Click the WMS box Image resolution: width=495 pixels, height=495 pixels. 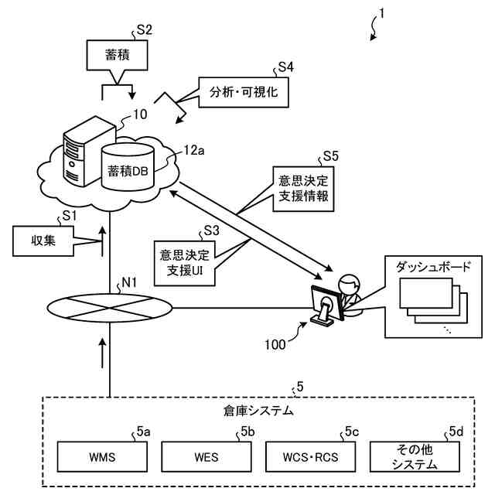click(x=102, y=456)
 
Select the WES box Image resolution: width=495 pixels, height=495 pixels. click(x=207, y=456)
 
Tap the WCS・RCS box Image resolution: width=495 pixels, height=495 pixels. click(x=310, y=456)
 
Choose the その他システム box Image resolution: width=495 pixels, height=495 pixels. click(x=415, y=456)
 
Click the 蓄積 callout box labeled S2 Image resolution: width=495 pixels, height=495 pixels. click(x=117, y=55)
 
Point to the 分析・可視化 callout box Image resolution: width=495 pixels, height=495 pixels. click(x=244, y=92)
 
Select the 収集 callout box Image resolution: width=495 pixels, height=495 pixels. click(x=43, y=241)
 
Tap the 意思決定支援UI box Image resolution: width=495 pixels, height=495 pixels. click(x=184, y=263)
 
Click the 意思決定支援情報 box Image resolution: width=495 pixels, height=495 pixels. click(x=303, y=189)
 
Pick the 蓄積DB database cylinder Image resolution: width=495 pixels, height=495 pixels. click(x=128, y=167)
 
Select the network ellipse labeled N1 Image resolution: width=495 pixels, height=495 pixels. click(x=110, y=308)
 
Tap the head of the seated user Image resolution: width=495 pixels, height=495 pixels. click(x=349, y=284)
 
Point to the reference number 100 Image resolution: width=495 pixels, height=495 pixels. click(x=275, y=344)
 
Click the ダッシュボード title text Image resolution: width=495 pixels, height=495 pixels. click(x=433, y=267)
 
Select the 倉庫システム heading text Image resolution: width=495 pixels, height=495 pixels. click(x=258, y=411)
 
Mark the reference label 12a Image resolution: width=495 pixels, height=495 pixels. click(x=194, y=151)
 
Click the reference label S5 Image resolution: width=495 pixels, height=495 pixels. click(x=330, y=156)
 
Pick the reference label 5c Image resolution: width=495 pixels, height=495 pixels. click(x=352, y=432)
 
